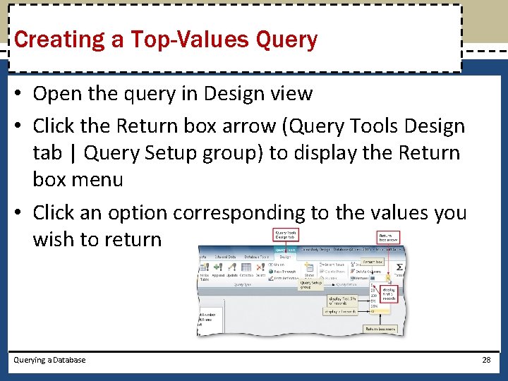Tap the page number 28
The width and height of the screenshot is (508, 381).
coord(485,360)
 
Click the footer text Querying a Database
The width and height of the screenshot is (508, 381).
coord(49,360)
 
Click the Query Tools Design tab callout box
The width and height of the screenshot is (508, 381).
coord(286,236)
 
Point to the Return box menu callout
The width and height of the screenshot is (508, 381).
coord(380,329)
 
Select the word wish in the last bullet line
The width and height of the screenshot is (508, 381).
coord(53,239)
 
